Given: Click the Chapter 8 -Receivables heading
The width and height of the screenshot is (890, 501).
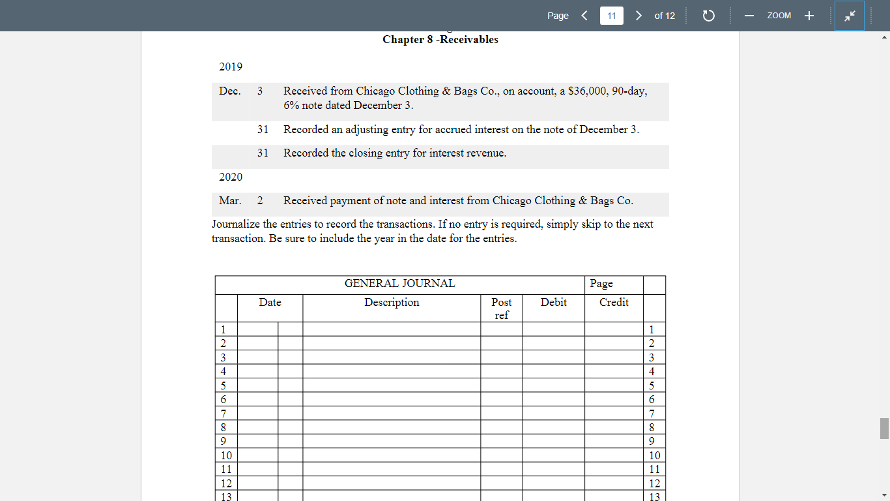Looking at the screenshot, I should click(440, 40).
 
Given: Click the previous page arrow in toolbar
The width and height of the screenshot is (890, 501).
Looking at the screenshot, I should click(584, 16).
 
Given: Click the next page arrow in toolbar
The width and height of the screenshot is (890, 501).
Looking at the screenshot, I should click(639, 16).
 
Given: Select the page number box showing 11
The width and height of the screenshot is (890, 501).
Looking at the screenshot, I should click(611, 16).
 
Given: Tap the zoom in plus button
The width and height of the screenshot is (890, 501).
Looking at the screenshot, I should click(809, 16).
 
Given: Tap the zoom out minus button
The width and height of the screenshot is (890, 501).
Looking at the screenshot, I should click(749, 16).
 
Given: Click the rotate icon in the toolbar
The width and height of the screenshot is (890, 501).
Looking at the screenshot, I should click(709, 16).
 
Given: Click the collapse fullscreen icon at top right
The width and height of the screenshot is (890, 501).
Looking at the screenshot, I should click(850, 16).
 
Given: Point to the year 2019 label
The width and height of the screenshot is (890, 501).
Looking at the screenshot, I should click(231, 67).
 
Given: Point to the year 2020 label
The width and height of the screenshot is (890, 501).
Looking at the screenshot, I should click(231, 177).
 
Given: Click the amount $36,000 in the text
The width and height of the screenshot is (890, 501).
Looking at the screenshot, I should click(584, 91).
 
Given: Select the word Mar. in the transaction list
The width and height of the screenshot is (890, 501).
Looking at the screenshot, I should click(230, 200).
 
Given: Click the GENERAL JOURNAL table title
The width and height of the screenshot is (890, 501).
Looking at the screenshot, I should click(399, 284).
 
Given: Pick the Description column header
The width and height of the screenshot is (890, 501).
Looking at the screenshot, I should click(392, 303).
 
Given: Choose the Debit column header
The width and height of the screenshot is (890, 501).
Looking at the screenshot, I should click(553, 303).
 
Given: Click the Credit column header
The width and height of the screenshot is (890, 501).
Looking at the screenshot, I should click(614, 303).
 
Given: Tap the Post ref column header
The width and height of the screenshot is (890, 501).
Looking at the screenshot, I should click(501, 309).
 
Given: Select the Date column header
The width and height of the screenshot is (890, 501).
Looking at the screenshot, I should click(270, 303).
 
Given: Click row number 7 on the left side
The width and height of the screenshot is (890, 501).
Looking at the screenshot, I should click(223, 414).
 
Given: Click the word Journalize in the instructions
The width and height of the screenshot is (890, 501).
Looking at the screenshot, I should click(235, 224).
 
